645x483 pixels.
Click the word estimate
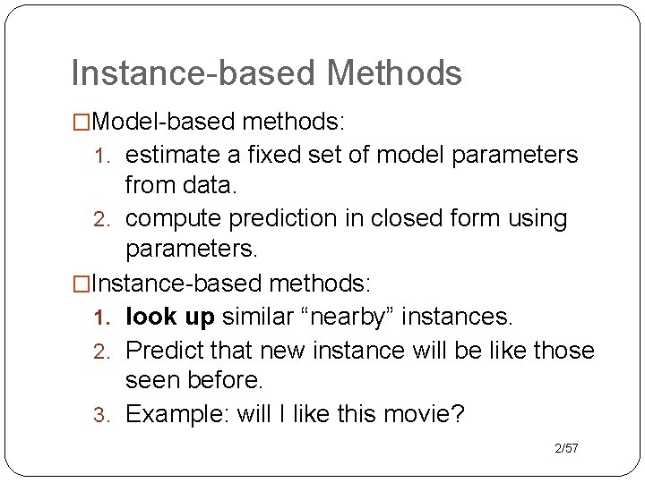pos(175,155)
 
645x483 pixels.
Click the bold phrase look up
pos(170,317)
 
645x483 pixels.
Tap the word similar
pos(265,317)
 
